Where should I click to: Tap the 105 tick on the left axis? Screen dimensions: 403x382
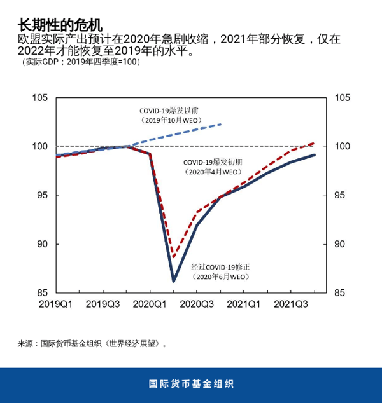pos(41,98)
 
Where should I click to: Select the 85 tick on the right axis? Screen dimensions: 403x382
pos(341,293)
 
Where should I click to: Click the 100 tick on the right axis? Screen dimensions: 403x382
pos(343,147)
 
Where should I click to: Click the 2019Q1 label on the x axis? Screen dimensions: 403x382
pos(56,304)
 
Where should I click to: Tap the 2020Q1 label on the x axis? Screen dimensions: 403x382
pos(150,304)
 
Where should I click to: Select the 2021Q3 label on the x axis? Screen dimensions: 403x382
pos(291,304)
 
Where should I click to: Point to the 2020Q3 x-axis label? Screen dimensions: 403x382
pos(197,304)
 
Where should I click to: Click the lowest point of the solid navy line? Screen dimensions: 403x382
pos(173,280)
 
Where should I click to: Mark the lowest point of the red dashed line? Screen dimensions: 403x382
pos(173,257)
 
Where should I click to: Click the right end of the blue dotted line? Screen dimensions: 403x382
pos(221,124)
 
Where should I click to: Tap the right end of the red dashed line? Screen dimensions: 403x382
pos(315,143)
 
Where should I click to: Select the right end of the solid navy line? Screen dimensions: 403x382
pos(315,154)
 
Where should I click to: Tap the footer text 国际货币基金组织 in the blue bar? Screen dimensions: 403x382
pos(191,384)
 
